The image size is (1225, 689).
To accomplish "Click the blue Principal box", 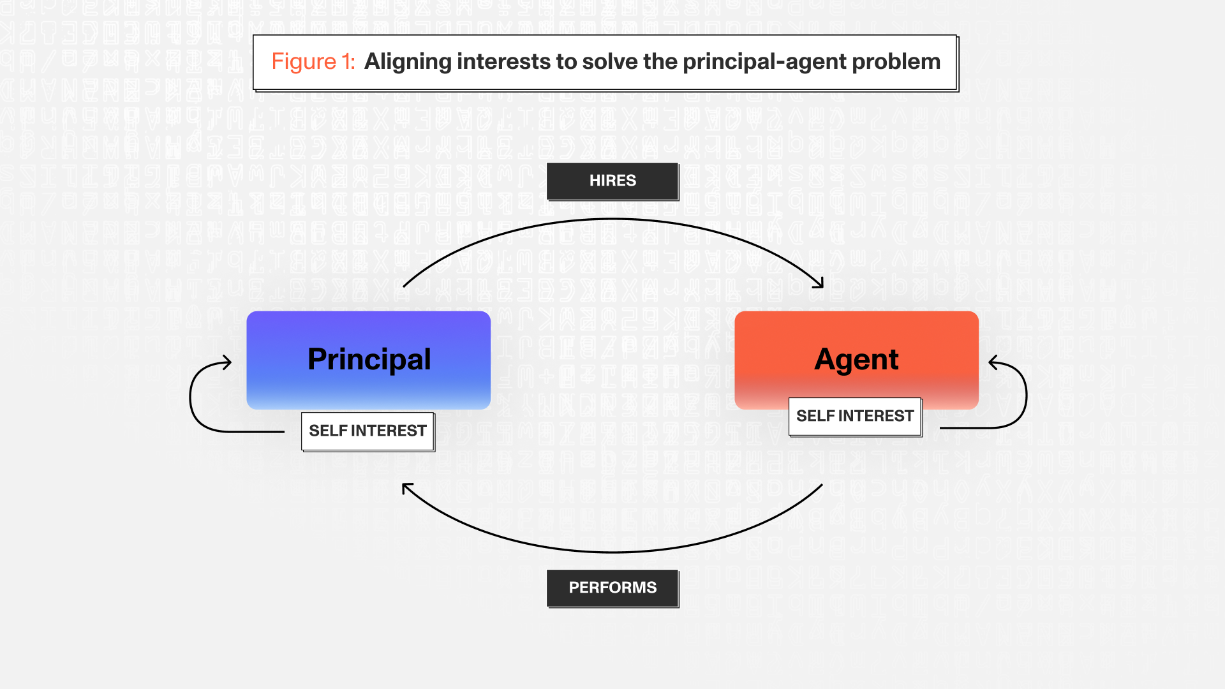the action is point(368,360).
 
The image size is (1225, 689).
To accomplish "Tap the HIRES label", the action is point(612,181).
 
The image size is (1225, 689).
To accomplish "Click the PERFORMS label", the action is point(612,588).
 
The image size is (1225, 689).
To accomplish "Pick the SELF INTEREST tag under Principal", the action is point(368,431).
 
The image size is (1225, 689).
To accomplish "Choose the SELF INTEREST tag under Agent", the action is point(855,417).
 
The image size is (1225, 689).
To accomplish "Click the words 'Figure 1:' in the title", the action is point(313,62).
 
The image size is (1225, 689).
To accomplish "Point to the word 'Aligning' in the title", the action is point(408,63).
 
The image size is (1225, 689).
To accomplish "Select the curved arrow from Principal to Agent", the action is point(612,219).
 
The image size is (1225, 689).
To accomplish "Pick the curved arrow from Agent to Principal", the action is point(612,552).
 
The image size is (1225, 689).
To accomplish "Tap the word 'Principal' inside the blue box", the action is point(369,360).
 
